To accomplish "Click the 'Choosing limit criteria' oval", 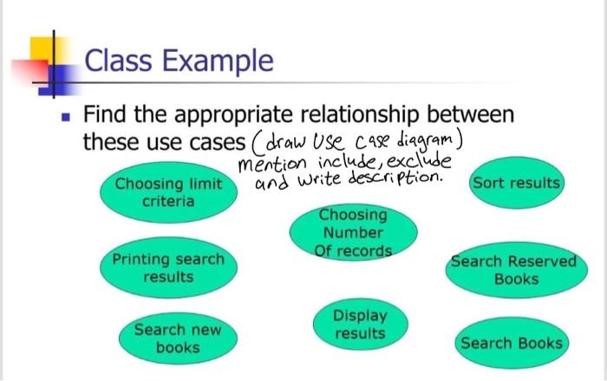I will tap(168, 193).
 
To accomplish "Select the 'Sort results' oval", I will tap(515, 184).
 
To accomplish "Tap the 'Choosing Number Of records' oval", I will tap(353, 233).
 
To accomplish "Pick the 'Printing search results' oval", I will tap(168, 268).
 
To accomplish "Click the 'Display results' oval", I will tap(360, 324).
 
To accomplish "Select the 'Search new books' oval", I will tap(177, 339).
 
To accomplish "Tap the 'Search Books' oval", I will tap(511, 344).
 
